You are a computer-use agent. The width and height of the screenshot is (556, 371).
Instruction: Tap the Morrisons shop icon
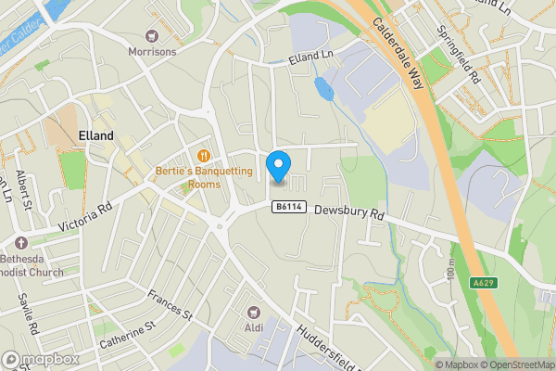coord(152,34)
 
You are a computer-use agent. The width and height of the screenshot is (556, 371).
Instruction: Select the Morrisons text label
coord(152,51)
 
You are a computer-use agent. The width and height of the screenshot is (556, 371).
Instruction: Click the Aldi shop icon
coord(253,311)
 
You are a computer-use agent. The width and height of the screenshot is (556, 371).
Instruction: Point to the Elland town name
coord(95,135)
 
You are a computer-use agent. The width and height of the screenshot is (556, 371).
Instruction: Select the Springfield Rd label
coord(459,59)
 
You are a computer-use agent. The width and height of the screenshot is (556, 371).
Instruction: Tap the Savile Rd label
coord(29,316)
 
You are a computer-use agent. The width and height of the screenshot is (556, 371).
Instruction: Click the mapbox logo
coord(42,359)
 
